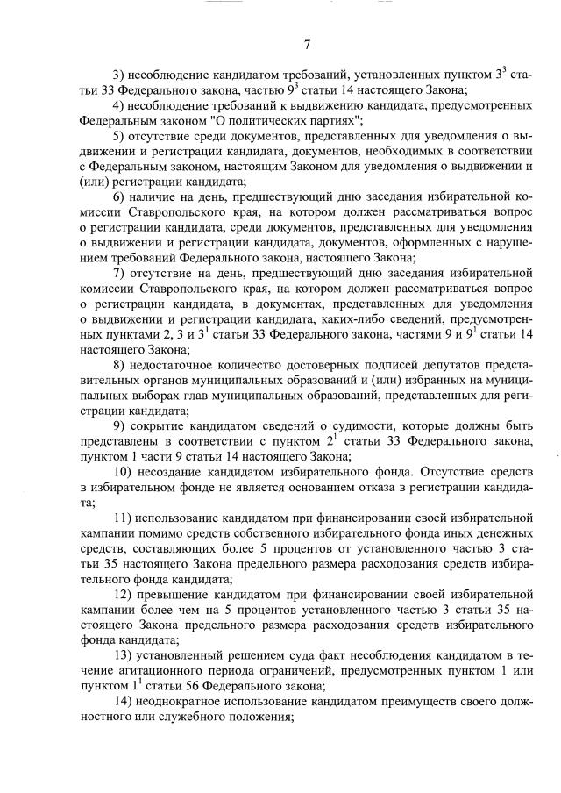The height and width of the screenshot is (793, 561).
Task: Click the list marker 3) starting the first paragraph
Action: click(x=122, y=76)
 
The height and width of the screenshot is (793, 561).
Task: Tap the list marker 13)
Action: click(x=124, y=656)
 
